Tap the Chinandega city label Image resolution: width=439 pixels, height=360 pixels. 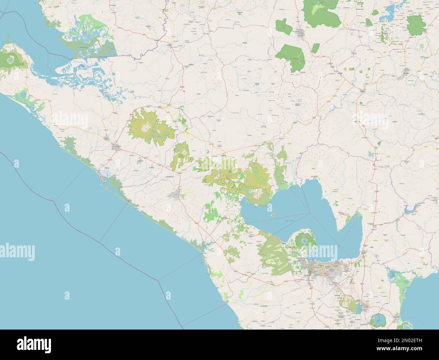pos(116,146)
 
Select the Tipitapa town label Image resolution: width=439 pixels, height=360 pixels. pos(364,252)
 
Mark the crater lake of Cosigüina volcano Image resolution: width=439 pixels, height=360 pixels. pos(10,60)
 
